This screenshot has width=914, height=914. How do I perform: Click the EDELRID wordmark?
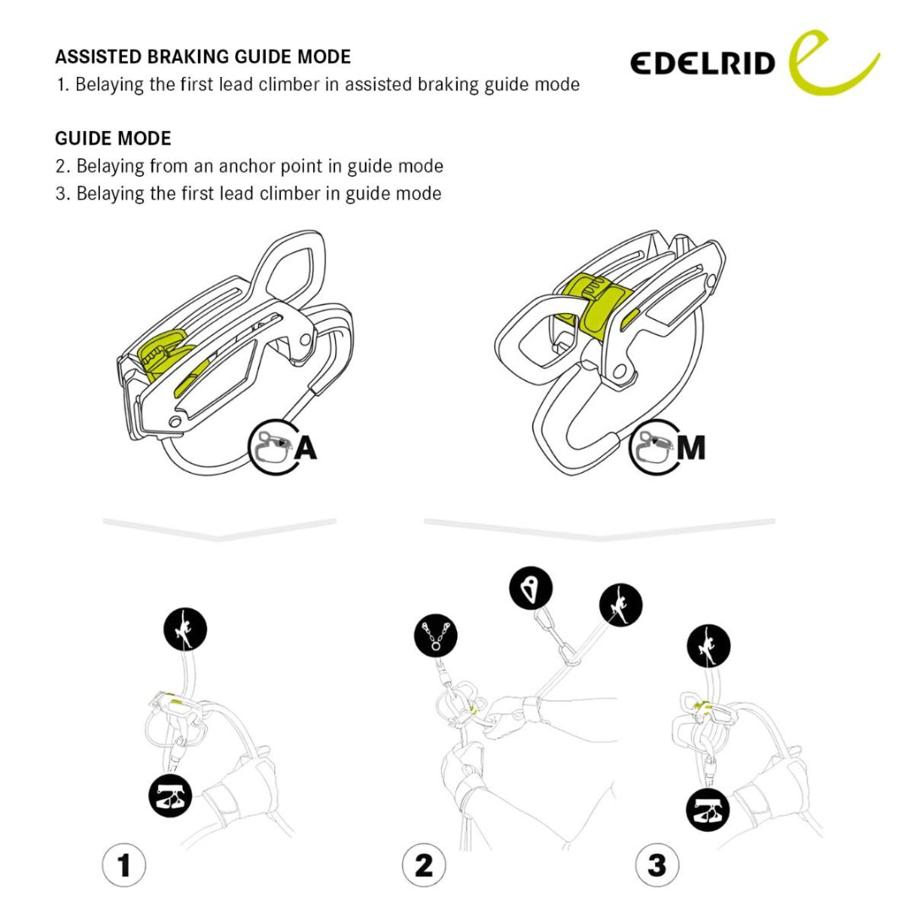(702, 63)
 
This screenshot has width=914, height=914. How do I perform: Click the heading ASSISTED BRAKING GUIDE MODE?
(203, 57)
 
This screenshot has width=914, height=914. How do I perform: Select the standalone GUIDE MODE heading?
(113, 138)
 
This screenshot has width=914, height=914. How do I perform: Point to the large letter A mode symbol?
(306, 448)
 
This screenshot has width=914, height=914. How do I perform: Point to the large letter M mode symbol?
(691, 448)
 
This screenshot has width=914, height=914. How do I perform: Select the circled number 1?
(124, 865)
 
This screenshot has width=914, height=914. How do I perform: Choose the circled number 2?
(423, 865)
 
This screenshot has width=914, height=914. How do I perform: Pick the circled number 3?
(657, 865)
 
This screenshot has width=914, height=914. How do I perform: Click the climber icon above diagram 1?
(185, 629)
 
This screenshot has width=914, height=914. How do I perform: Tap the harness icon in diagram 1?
(171, 796)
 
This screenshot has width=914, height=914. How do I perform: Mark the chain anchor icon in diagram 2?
(436, 636)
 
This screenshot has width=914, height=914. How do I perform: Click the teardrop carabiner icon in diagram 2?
(531, 588)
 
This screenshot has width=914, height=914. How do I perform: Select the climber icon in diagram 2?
(620, 606)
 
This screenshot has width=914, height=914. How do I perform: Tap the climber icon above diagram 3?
(708, 647)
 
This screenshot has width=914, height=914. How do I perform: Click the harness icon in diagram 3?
(708, 811)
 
